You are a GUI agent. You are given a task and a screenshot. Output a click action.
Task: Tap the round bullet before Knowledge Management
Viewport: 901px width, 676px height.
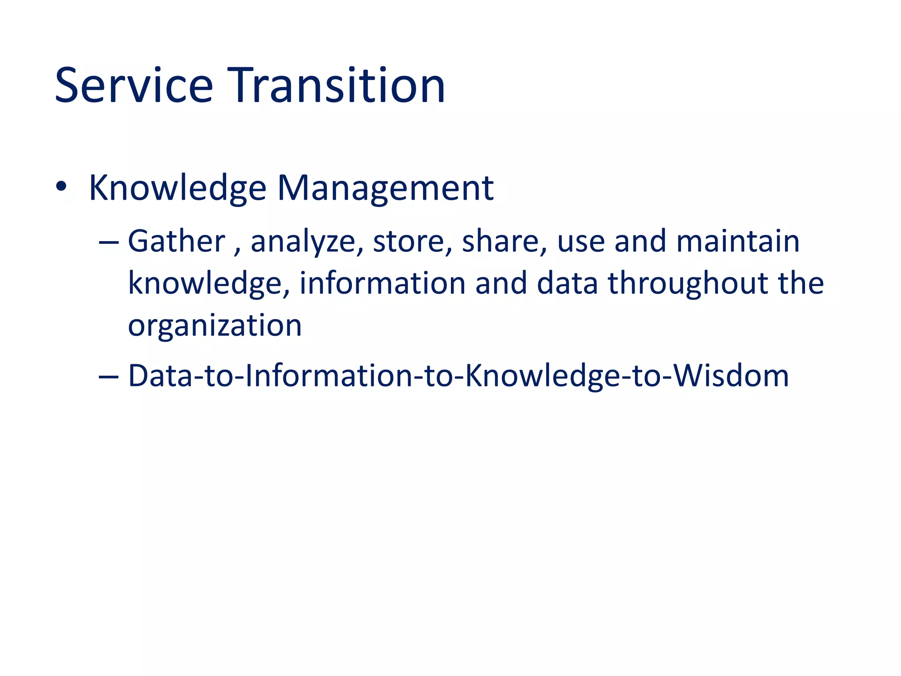[62, 187]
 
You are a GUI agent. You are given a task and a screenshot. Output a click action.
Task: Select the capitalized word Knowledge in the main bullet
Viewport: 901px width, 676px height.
[177, 188]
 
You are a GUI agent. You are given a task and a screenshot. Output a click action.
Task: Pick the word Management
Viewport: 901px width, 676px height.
[385, 188]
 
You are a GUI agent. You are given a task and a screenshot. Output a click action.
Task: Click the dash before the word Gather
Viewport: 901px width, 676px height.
[109, 242]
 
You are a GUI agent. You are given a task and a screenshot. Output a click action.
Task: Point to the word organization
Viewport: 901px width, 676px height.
[215, 326]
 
